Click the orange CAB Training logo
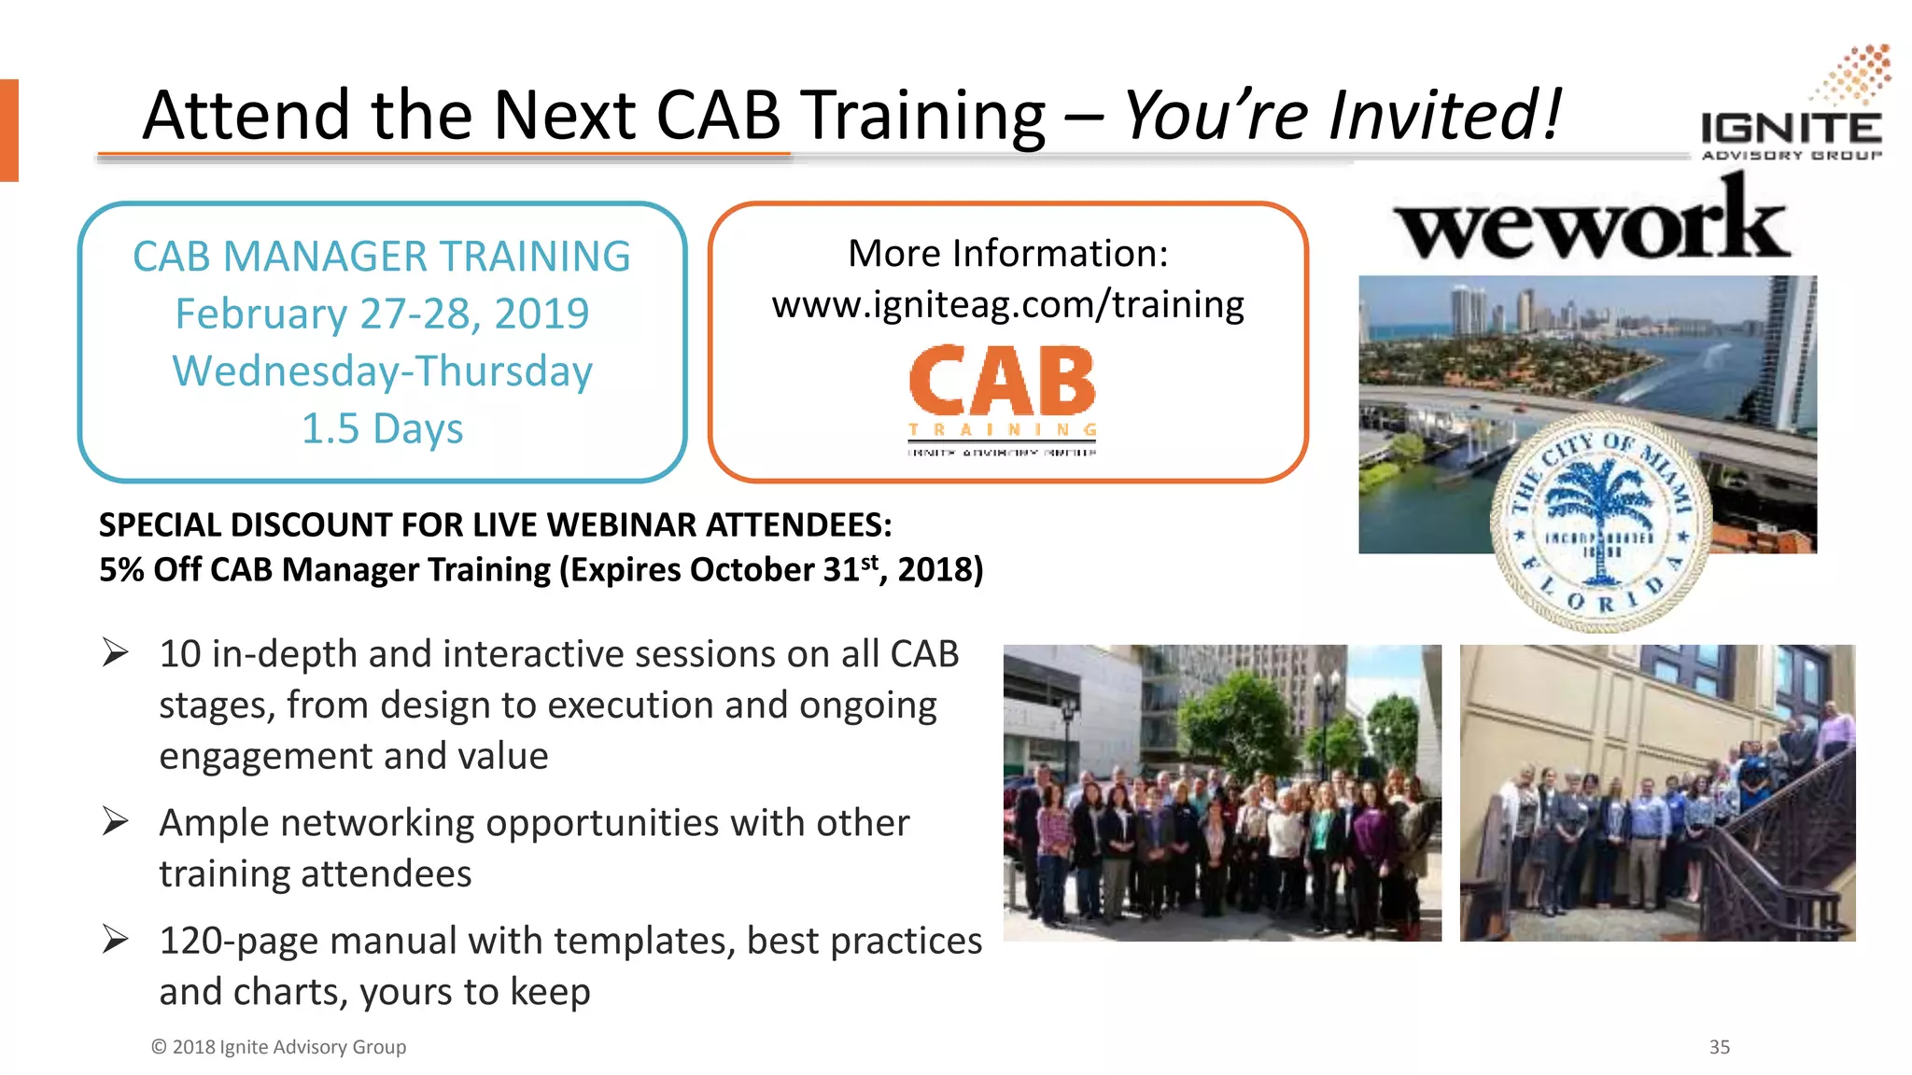coord(1003,397)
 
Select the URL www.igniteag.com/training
coord(1007,305)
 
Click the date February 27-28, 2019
coord(382,314)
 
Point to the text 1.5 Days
coord(382,429)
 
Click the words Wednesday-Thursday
coord(382,371)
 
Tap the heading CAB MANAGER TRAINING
coord(382,257)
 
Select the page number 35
coord(1720,1047)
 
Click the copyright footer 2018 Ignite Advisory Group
coord(278,1047)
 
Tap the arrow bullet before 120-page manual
coord(116,939)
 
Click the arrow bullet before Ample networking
coord(116,821)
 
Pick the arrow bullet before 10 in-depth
coord(116,652)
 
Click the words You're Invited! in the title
coord(1342,116)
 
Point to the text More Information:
coord(1007,254)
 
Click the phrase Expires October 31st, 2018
coord(771,569)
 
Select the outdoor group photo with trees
coord(1221,793)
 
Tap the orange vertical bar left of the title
coord(8,130)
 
